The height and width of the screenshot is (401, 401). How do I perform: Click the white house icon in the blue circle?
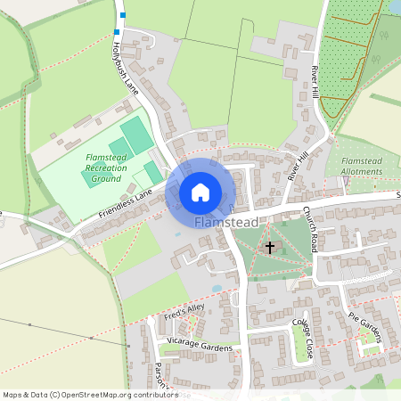tap(200, 192)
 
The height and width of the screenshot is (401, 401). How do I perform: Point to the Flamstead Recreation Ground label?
tap(105, 168)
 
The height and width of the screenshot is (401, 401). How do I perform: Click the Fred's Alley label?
tap(184, 312)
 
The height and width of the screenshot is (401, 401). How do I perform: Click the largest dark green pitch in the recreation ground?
tap(136, 135)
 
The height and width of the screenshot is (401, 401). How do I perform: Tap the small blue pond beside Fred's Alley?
tap(217, 289)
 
